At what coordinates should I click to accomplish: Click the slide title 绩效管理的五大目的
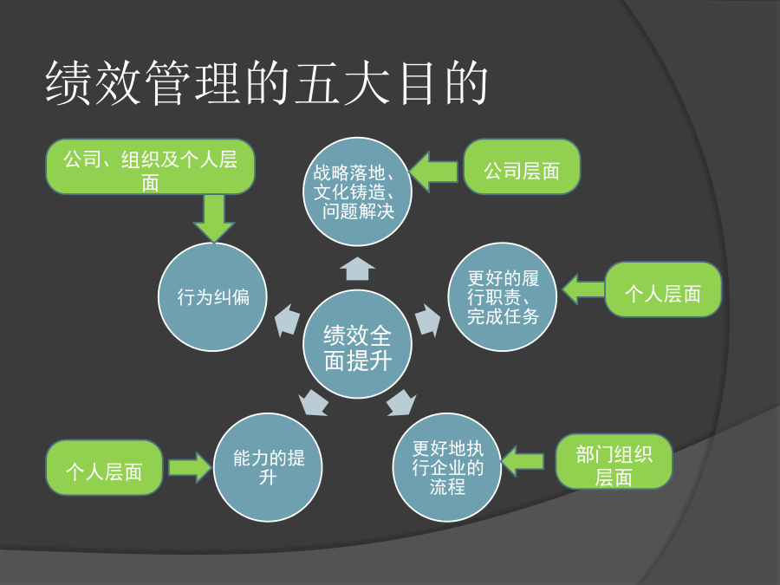[x=267, y=82]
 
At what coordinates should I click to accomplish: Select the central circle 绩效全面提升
[x=357, y=344]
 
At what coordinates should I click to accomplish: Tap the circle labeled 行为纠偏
[x=212, y=297]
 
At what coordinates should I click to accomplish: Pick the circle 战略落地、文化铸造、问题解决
[x=357, y=192]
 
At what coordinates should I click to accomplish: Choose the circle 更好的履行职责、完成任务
[x=503, y=297]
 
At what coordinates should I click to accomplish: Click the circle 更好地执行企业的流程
[x=447, y=467]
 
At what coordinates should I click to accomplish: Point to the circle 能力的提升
[x=268, y=467]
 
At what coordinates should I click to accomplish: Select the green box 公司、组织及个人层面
[x=150, y=166]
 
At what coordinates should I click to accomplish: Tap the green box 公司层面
[x=522, y=166]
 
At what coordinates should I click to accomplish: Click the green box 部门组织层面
[x=614, y=461]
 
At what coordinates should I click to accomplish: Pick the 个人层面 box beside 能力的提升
[x=105, y=467]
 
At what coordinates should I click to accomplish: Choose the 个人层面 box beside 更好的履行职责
[x=663, y=289]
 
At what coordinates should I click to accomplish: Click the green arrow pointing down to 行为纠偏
[x=214, y=218]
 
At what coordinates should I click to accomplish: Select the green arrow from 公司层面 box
[x=433, y=172]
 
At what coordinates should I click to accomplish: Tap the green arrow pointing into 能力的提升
[x=191, y=467]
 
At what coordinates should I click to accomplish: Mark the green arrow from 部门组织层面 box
[x=523, y=461]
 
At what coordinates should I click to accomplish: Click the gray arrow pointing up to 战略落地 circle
[x=357, y=269]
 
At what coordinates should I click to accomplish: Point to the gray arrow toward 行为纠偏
[x=288, y=320]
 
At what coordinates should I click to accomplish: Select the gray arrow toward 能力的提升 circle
[x=314, y=402]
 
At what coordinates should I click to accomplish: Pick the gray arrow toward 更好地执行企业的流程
[x=401, y=402]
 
